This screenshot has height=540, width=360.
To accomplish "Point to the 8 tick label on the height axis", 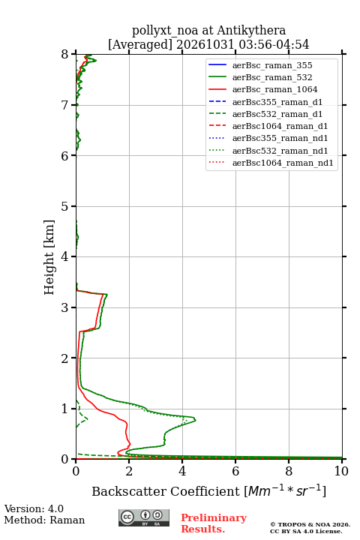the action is pyautogui.click(x=65, y=55).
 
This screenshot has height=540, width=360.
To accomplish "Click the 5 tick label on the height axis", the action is pyautogui.click(x=65, y=207).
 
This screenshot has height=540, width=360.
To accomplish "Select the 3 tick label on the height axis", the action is pyautogui.click(x=65, y=307).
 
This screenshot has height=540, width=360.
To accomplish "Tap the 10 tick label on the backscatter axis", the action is pyautogui.click(x=341, y=471).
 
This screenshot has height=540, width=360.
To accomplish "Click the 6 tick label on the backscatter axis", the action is pyautogui.click(x=235, y=471).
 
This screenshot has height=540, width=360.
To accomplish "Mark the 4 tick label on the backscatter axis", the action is pyautogui.click(x=182, y=471).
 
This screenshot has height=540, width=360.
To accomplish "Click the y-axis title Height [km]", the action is pyautogui.click(x=49, y=257).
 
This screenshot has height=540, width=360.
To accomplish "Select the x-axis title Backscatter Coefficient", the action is pyautogui.click(x=166, y=491).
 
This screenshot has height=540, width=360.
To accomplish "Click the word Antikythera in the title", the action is pyautogui.click(x=251, y=30).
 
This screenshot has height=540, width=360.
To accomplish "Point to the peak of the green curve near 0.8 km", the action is pyautogui.click(x=195, y=420).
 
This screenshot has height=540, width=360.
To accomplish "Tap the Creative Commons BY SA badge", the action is pyautogui.click(x=144, y=517).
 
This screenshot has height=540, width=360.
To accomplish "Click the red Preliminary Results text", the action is pyautogui.click(x=214, y=523).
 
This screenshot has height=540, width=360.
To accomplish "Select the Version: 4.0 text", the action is pyautogui.click(x=34, y=509).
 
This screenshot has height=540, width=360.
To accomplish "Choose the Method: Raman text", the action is pyautogui.click(x=44, y=520).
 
